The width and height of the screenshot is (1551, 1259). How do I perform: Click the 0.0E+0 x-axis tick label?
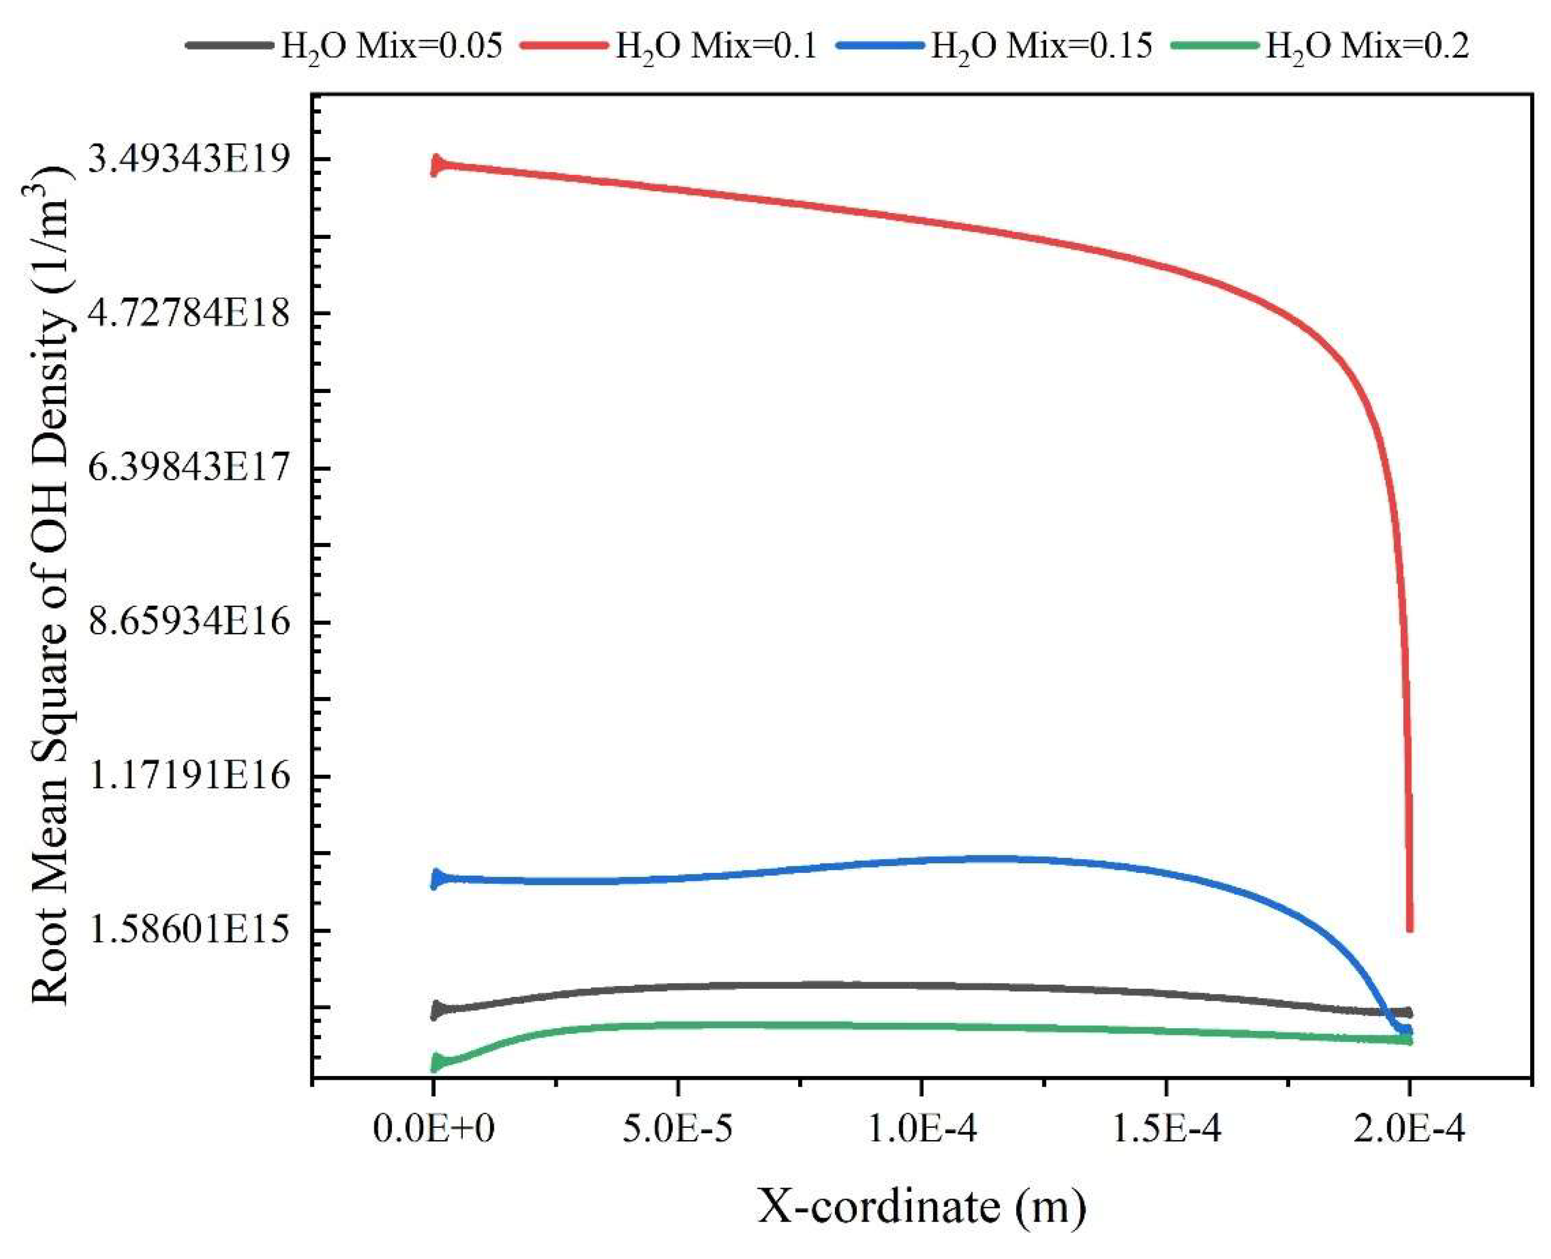433,1130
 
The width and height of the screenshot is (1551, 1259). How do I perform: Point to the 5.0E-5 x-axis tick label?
677,1130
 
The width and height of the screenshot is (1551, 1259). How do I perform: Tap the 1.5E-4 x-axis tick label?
1165,1130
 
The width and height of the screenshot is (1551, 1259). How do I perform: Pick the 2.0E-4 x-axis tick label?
1409,1130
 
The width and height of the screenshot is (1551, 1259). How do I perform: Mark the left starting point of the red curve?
435,165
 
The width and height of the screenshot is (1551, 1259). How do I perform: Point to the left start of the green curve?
435,1064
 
